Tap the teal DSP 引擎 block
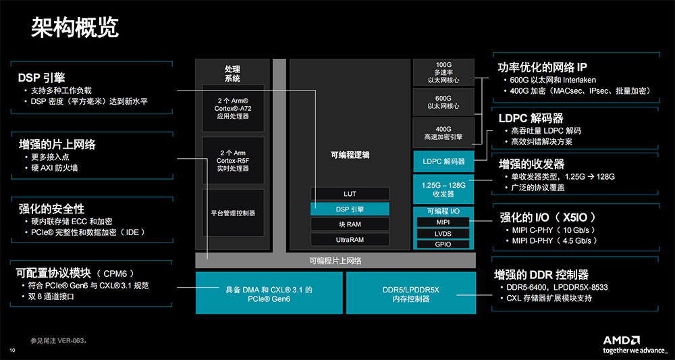pyautogui.click(x=350, y=209)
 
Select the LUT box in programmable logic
pyautogui.click(x=350, y=194)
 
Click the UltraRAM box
pyautogui.click(x=350, y=240)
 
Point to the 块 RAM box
pyautogui.click(x=350, y=224)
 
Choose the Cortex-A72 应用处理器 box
pyautogui.click(x=232, y=107)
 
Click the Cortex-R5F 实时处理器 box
pyautogui.click(x=232, y=161)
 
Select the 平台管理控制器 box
pyautogui.click(x=232, y=213)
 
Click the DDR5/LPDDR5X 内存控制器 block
pyautogui.click(x=410, y=294)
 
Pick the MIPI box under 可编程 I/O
pyautogui.click(x=443, y=222)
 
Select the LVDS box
pyautogui.click(x=443, y=233)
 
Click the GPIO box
pyautogui.click(x=443, y=244)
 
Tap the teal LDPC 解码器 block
pyautogui.click(x=443, y=161)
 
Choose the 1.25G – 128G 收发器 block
pyautogui.click(x=443, y=189)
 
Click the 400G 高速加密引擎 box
pyautogui.click(x=443, y=132)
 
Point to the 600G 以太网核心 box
pyautogui.click(x=443, y=101)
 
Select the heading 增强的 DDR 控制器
pyautogui.click(x=541, y=275)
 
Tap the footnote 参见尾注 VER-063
pyautogui.click(x=59, y=341)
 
